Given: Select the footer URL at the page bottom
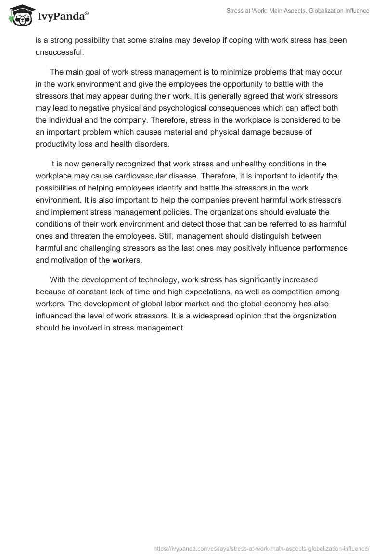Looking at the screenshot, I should [x=261, y=548].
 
